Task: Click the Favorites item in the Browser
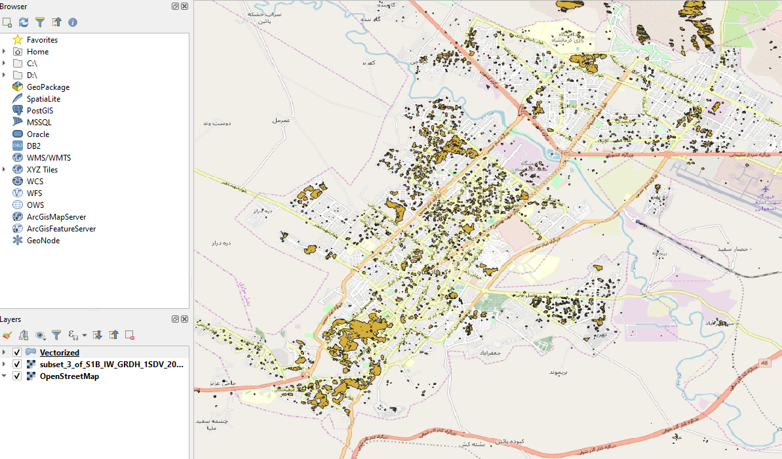pos(42,40)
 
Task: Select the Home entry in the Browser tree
pos(37,52)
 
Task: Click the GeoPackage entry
pos(48,87)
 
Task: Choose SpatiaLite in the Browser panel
pos(43,99)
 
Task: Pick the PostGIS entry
pos(40,111)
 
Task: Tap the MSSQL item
pos(39,123)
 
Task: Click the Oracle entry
pos(38,134)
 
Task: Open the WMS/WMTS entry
pos(49,158)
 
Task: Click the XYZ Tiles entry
pos(42,170)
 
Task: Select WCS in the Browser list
pos(35,182)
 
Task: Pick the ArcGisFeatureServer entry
pos(61,229)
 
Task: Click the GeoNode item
pos(43,241)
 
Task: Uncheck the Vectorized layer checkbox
pos(17,353)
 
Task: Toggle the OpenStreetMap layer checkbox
pos(17,376)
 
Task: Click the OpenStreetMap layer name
pos(69,376)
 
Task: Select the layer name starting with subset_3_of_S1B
pos(111,365)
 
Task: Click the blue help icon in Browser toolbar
pos(73,22)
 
